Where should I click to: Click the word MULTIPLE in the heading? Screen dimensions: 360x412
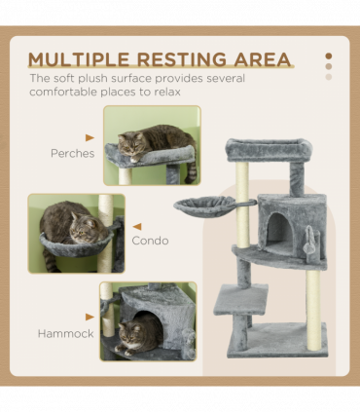click(79, 59)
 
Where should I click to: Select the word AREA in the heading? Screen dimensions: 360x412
click(263, 59)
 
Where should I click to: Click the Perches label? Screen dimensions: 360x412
click(73, 153)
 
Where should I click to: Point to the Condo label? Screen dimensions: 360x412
click(150, 241)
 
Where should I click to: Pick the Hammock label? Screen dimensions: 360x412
click(66, 333)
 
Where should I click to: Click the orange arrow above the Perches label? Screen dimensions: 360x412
click(90, 137)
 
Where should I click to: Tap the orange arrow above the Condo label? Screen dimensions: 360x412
click(137, 227)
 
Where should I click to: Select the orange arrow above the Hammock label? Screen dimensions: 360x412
click(90, 317)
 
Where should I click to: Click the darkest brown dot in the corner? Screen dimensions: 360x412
click(329, 56)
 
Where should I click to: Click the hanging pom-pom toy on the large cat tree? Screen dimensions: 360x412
click(308, 242)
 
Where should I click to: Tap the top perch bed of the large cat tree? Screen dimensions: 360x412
click(269, 150)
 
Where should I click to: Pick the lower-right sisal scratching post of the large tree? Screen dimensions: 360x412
click(313, 310)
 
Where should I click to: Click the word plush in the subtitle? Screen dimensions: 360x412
click(93, 79)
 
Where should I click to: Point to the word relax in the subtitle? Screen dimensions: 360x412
click(167, 92)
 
